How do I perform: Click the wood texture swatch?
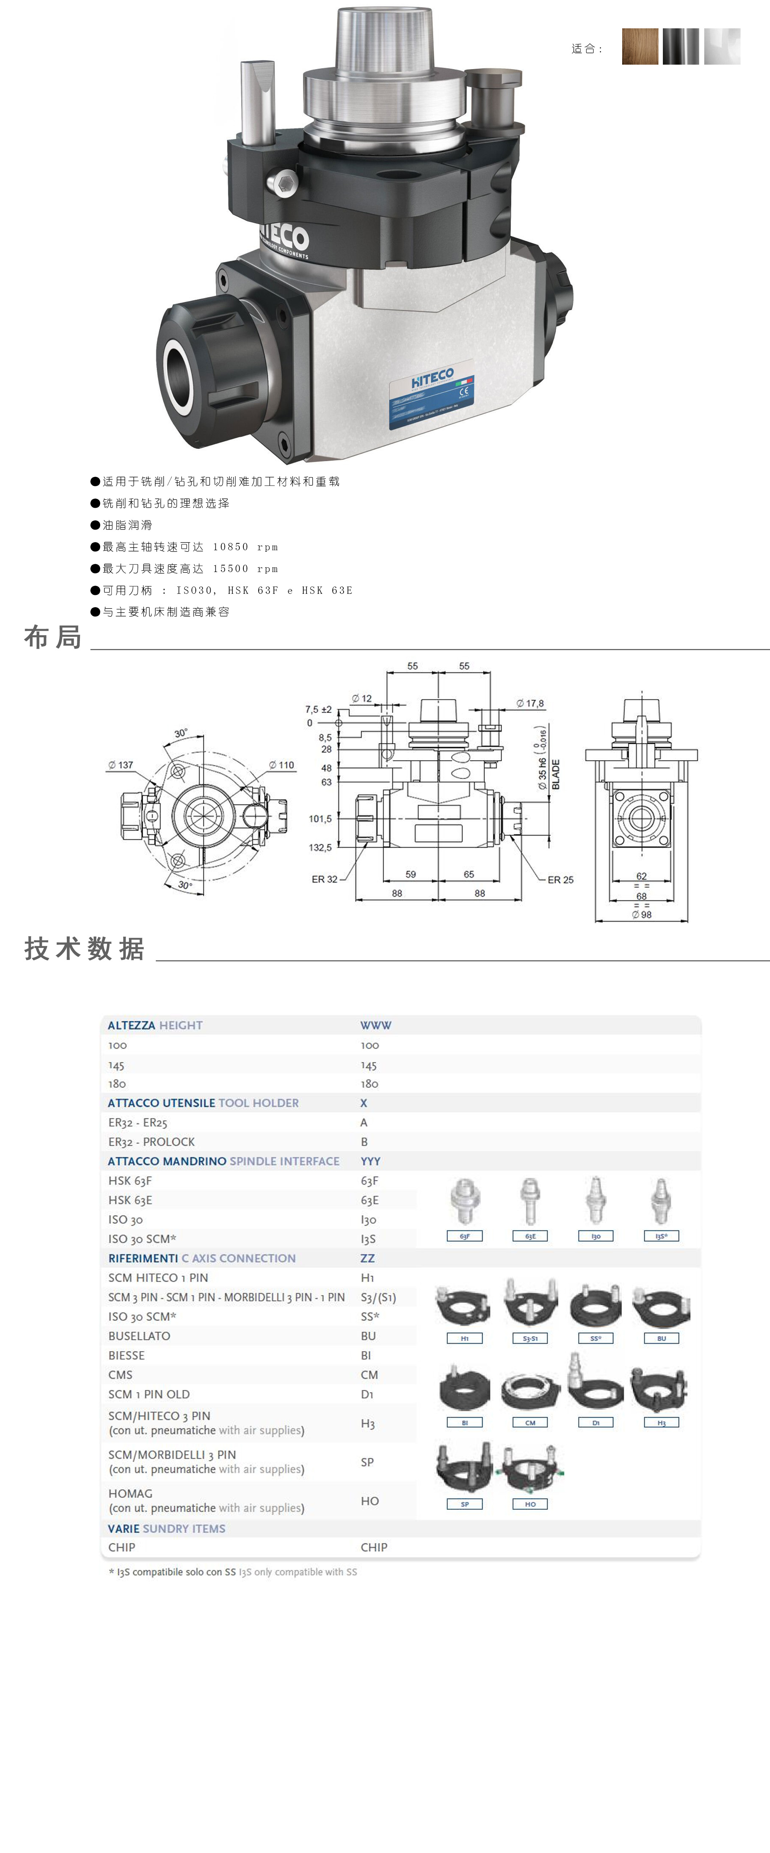coord(640,47)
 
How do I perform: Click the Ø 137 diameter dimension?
coord(121,765)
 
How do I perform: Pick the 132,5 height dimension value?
coord(320,847)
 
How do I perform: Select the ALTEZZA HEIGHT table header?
coord(155,1025)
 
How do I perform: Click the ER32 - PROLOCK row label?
coord(151,1142)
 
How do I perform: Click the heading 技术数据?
coord(84,949)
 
